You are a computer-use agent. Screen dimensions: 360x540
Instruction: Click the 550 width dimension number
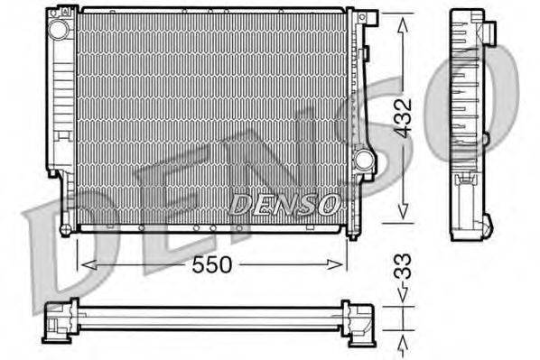[x=213, y=264]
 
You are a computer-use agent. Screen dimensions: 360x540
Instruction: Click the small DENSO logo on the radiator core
[x=284, y=205]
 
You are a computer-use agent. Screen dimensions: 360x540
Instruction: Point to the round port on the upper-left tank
[x=60, y=30]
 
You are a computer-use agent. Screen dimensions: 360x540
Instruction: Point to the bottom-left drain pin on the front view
[x=65, y=231]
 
